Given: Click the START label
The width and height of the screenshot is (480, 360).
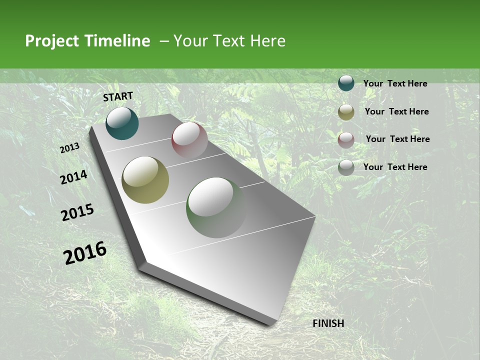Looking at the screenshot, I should (x=118, y=96).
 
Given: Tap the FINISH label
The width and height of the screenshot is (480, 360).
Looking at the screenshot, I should (x=328, y=323).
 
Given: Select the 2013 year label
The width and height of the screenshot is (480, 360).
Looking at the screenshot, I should (x=70, y=148).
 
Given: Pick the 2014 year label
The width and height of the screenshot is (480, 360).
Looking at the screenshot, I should (x=73, y=177).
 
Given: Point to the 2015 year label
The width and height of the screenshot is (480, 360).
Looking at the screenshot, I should (x=77, y=212).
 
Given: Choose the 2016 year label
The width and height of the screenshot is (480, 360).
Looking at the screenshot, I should (x=85, y=252).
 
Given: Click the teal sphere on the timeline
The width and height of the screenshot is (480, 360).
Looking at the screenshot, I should (x=122, y=123).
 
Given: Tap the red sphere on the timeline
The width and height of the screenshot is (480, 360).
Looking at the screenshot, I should (x=189, y=139).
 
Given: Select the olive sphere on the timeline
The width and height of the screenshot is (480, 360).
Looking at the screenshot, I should (x=145, y=179).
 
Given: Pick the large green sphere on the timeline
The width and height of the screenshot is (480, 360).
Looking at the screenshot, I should (x=216, y=207).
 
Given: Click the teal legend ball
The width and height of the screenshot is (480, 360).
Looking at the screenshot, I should (x=346, y=83).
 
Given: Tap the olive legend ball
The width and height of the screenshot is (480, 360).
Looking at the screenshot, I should (x=346, y=112).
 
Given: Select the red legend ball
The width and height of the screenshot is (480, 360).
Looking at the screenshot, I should (x=346, y=139).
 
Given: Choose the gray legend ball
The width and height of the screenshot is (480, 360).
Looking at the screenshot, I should (x=346, y=167).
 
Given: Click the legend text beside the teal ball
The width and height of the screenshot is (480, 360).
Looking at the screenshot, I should (x=395, y=83).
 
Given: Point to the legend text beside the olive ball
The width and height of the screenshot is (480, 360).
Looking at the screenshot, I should (x=396, y=111).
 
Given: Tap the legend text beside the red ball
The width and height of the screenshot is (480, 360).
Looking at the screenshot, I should (x=397, y=139).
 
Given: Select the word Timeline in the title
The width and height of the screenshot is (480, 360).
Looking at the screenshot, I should (x=117, y=41).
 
